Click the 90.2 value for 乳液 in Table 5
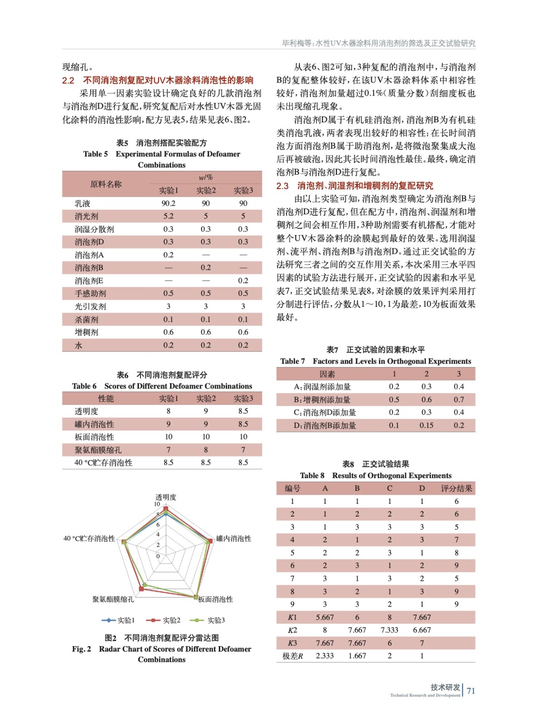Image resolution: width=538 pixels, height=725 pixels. click(x=168, y=203)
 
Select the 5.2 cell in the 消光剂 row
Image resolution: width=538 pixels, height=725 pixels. click(x=168, y=216)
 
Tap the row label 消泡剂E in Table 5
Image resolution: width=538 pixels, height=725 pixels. click(x=89, y=280)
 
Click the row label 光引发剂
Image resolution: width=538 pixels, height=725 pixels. click(x=90, y=306)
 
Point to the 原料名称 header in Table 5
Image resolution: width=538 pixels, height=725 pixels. click(x=106, y=184)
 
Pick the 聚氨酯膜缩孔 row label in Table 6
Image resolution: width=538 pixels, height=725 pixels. click(x=98, y=450)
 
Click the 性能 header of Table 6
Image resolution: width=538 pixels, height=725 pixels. click(x=106, y=399)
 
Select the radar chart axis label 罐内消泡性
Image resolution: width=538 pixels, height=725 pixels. click(x=233, y=538)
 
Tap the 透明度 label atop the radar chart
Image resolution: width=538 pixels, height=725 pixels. click(x=166, y=497)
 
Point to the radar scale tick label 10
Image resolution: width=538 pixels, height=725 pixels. click(x=157, y=504)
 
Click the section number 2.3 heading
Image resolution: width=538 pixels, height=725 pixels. click(x=282, y=186)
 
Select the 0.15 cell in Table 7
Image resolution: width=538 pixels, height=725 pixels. click(x=426, y=425)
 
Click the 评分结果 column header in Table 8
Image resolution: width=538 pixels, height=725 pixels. click(x=456, y=488)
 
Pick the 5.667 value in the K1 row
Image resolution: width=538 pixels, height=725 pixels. click(x=325, y=617)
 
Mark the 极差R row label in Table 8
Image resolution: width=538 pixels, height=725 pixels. click(x=292, y=656)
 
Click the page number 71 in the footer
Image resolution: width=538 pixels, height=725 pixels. click(x=471, y=691)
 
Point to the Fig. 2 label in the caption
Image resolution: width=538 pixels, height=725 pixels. click(x=82, y=649)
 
